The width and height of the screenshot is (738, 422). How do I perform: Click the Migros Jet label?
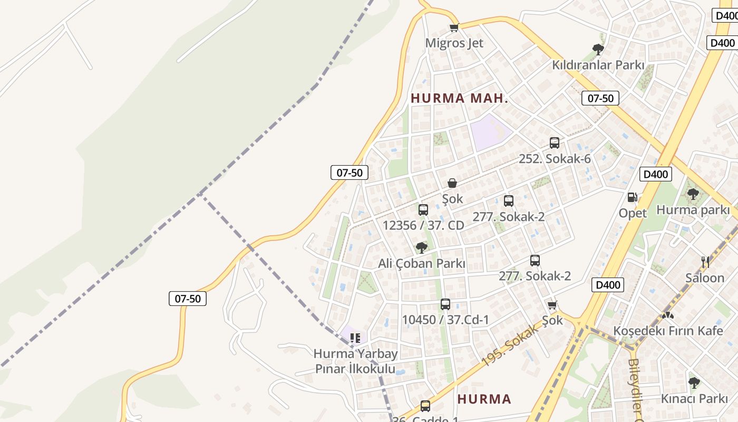(x=454, y=43)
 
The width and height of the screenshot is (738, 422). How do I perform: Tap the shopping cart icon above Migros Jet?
(x=454, y=27)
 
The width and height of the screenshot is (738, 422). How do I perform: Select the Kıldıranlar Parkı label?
(x=598, y=65)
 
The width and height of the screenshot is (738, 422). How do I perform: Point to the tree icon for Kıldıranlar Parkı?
(x=598, y=50)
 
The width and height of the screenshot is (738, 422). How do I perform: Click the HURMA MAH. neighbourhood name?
(x=459, y=98)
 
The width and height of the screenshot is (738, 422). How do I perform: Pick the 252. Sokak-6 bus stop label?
(x=555, y=159)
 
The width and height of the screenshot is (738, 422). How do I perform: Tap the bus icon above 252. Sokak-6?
(x=555, y=142)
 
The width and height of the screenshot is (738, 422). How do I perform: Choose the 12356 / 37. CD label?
(x=423, y=226)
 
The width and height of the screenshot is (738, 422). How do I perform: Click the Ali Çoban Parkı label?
(x=422, y=263)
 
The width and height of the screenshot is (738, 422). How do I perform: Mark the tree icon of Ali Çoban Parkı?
(x=421, y=247)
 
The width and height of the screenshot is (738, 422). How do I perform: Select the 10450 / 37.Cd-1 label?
(x=445, y=320)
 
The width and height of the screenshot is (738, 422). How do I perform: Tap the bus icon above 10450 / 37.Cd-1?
(x=445, y=304)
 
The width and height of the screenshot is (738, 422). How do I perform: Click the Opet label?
(x=633, y=213)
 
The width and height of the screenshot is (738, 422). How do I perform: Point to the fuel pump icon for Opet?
(x=632, y=197)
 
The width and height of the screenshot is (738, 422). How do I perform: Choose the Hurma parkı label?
(x=693, y=210)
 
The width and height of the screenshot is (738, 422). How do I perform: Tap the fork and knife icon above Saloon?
(x=705, y=262)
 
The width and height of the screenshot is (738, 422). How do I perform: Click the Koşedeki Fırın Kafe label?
(x=668, y=331)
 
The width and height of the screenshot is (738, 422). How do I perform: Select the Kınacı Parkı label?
(x=694, y=399)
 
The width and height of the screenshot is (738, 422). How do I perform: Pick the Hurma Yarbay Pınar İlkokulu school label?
(x=355, y=361)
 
